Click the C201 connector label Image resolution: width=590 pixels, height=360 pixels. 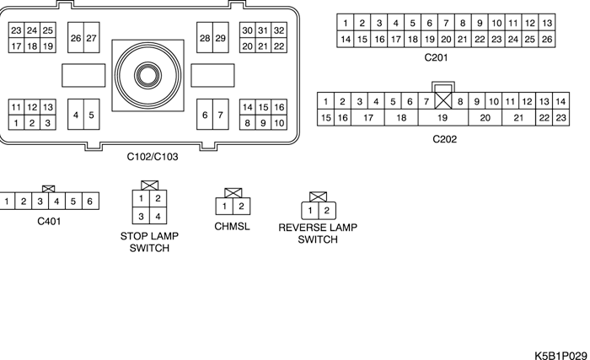coord(437,58)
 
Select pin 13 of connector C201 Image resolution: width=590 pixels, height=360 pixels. coord(547,23)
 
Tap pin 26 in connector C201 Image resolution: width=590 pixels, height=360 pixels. coord(547,39)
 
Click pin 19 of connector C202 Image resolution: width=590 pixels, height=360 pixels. coord(442,118)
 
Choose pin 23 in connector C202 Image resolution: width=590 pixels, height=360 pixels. coord(560,118)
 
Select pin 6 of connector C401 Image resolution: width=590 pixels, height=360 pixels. coord(89,201)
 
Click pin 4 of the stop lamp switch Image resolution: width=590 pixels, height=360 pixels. coord(158,217)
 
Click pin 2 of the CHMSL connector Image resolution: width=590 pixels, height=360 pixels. coord(241,206)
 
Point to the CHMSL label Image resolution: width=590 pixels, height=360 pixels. coord(232,227)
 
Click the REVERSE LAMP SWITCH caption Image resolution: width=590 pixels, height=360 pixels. coord(318,234)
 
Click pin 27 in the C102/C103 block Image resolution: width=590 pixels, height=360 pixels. coord(91,38)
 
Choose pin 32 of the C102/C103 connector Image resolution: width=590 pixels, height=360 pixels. coord(279,30)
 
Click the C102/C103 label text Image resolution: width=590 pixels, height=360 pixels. coord(153,156)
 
